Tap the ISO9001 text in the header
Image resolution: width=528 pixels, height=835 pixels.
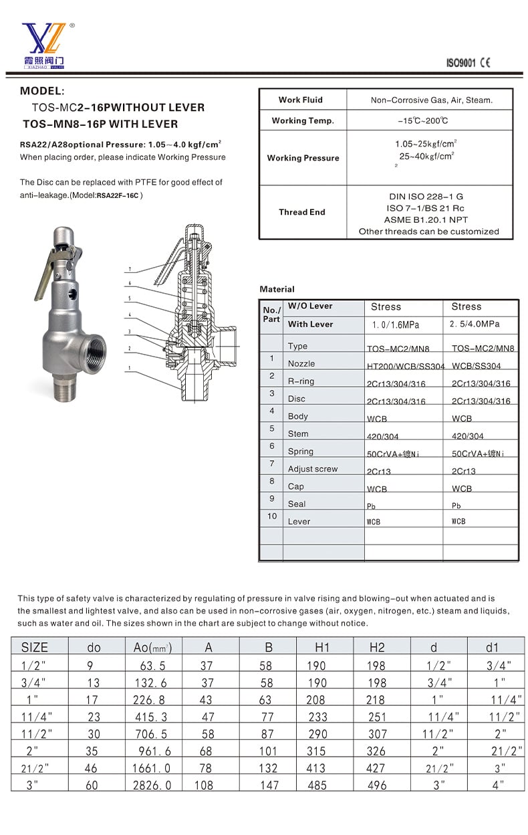click(x=461, y=63)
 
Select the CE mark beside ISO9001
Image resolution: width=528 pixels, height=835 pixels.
click(x=485, y=63)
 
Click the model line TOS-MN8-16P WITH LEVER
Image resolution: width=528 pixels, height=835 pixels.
click(x=100, y=124)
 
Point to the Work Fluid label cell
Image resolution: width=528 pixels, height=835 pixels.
click(x=301, y=100)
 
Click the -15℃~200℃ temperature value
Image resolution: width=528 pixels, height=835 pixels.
click(x=423, y=121)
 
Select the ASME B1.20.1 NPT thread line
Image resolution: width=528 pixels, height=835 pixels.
click(x=426, y=219)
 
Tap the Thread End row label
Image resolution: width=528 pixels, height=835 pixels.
click(x=302, y=212)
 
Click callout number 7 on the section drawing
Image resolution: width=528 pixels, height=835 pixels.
click(x=130, y=269)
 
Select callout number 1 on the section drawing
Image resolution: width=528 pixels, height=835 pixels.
click(x=130, y=368)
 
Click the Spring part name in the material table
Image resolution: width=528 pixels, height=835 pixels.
click(x=301, y=452)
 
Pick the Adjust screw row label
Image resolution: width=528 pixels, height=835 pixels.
click(x=313, y=469)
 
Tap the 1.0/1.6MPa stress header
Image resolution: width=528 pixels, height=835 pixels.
click(x=396, y=325)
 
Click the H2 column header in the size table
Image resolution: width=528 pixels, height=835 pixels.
click(x=377, y=648)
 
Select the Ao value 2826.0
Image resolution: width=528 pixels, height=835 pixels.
click(x=152, y=785)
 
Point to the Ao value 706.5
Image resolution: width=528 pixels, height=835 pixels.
click(x=151, y=734)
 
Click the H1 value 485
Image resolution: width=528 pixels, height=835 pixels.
click(x=317, y=785)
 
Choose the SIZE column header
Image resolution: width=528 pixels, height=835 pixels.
click(x=35, y=648)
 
